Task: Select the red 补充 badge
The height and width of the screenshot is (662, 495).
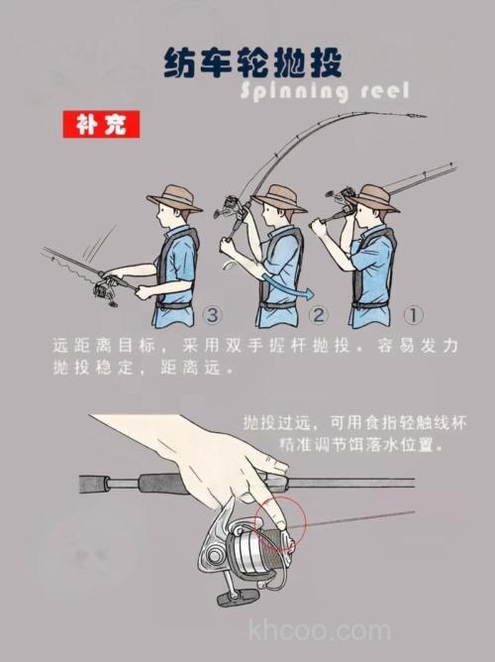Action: (x=101, y=126)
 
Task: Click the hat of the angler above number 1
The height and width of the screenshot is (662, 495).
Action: (x=373, y=196)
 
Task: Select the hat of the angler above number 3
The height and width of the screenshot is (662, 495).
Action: (x=174, y=196)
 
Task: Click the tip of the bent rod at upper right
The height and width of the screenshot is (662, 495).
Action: (x=420, y=116)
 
